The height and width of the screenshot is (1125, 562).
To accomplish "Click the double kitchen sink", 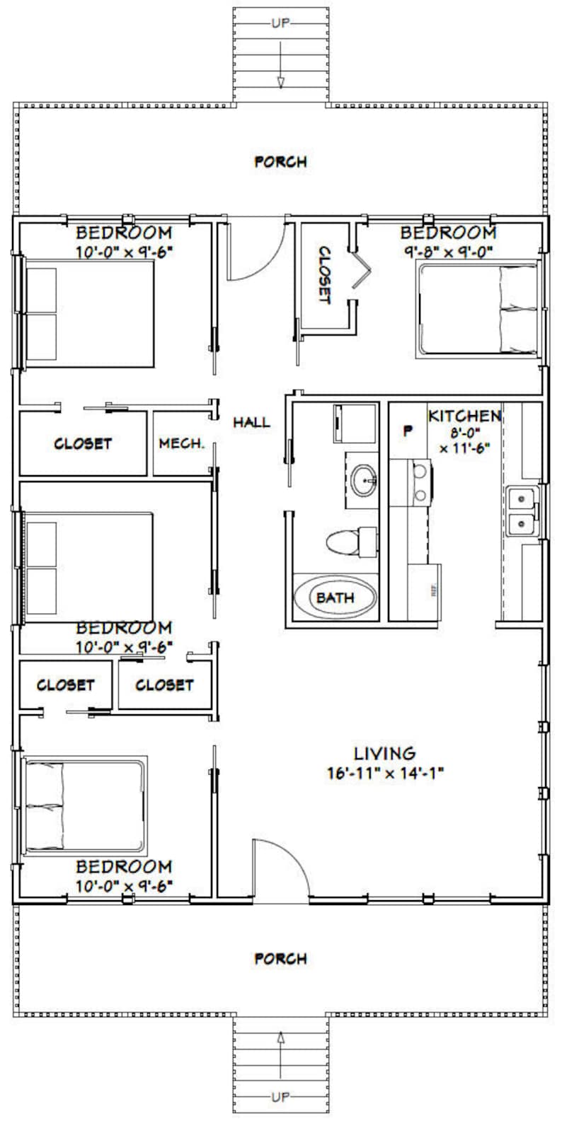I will tap(522, 511).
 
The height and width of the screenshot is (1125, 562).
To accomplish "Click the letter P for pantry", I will tap(408, 429).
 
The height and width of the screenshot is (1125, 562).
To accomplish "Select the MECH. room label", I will tap(181, 444).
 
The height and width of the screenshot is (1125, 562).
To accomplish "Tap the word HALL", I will tap(251, 422).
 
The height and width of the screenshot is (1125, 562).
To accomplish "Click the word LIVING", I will tap(385, 753).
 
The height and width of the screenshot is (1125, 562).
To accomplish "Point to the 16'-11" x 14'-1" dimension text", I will tap(385, 772).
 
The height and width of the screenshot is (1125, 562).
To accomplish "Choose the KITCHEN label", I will tap(464, 416).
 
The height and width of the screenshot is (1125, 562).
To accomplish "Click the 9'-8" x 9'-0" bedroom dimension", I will tap(448, 250).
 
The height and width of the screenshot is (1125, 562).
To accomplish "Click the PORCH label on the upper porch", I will tap(280, 162).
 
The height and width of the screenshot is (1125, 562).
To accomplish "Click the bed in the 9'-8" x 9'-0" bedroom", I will tap(478, 308).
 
